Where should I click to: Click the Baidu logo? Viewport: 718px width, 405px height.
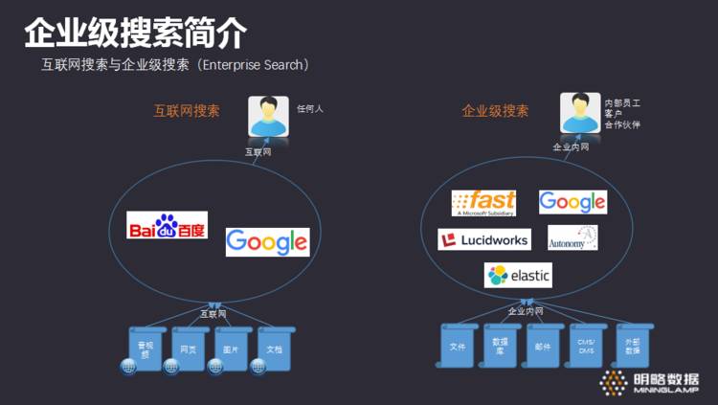168,225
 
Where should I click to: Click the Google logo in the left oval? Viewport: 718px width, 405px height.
267,242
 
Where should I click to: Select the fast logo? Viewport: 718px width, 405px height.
483,203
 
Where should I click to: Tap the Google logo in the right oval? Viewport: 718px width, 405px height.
572,201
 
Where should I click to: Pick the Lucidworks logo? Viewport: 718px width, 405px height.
483,239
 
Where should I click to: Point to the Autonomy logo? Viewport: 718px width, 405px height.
572,238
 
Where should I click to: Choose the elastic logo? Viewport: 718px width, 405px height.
519,276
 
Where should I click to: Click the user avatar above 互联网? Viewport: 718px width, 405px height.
268,118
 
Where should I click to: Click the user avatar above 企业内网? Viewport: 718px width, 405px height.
580,114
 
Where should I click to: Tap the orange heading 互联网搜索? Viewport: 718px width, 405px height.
188,111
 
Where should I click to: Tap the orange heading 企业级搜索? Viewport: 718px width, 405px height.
495,111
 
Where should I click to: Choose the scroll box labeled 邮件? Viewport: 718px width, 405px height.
543,346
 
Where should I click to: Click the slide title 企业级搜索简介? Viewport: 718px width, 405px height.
135,34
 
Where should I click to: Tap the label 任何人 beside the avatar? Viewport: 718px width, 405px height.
310,109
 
